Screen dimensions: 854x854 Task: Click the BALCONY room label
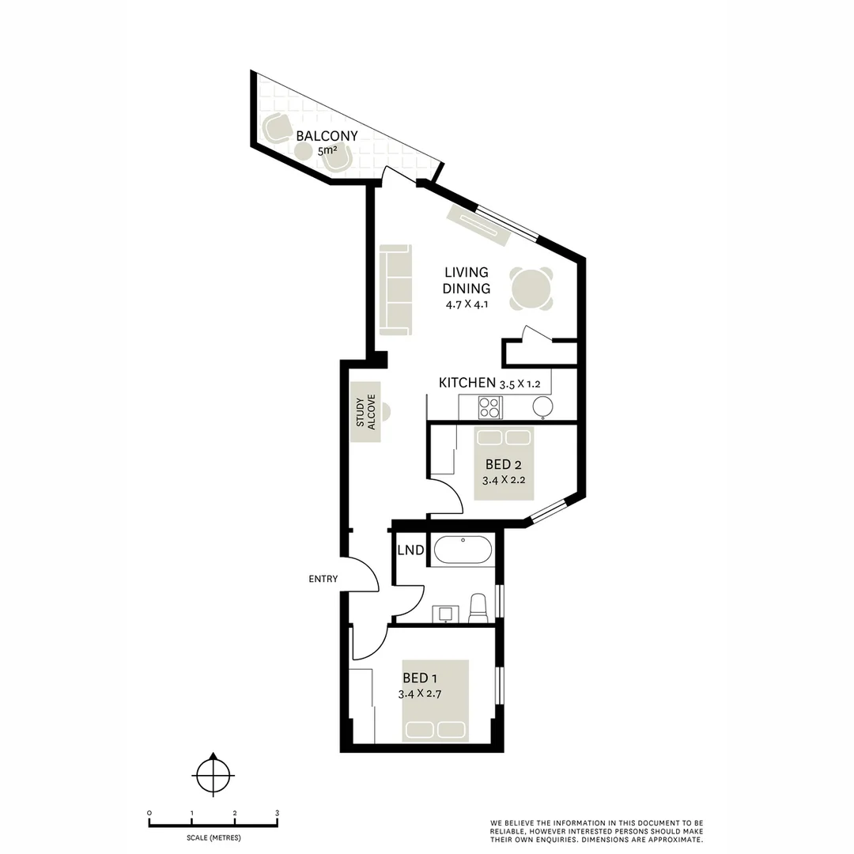pyautogui.click(x=327, y=135)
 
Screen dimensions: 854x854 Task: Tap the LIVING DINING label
pyautogui.click(x=466, y=281)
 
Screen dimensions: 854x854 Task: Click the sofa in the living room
pyautogui.click(x=395, y=289)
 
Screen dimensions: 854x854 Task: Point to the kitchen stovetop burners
pyautogui.click(x=489, y=407)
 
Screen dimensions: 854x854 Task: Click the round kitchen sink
pyautogui.click(x=542, y=407)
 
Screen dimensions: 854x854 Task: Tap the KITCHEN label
pyautogui.click(x=467, y=383)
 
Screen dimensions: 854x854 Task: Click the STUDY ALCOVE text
pyautogui.click(x=365, y=412)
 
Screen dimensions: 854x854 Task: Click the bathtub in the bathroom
pyautogui.click(x=463, y=550)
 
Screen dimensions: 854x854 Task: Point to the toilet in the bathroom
pyautogui.click(x=478, y=608)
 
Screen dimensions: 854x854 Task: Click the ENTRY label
pyautogui.click(x=323, y=579)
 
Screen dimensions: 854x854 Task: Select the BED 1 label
pyautogui.click(x=420, y=678)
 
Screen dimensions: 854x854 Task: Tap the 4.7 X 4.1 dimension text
pyautogui.click(x=467, y=304)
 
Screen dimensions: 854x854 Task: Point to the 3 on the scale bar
pyautogui.click(x=277, y=813)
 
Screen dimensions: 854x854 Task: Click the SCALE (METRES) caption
pyautogui.click(x=213, y=837)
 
